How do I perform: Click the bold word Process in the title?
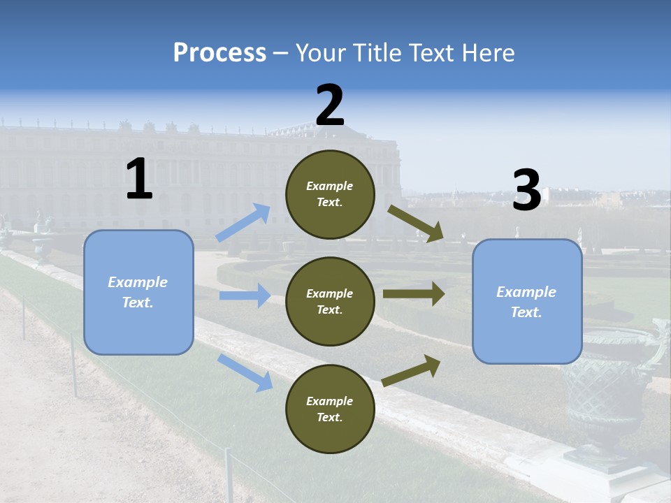pyautogui.click(x=219, y=52)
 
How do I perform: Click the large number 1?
pyautogui.click(x=139, y=179)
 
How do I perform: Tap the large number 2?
pyautogui.click(x=330, y=105)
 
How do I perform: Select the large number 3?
pyautogui.click(x=526, y=190)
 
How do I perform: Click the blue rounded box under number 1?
pyautogui.click(x=138, y=292)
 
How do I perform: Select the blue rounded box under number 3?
pyautogui.click(x=526, y=301)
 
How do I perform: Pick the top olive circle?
pyautogui.click(x=330, y=194)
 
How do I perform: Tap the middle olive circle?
pyautogui.click(x=330, y=301)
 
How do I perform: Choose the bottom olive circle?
pyautogui.click(x=330, y=409)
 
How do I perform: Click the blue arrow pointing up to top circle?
pyautogui.click(x=243, y=222)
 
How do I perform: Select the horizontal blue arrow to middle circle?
pyautogui.click(x=245, y=296)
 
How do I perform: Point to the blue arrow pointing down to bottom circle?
pyautogui.click(x=245, y=372)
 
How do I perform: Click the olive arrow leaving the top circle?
pyautogui.click(x=417, y=224)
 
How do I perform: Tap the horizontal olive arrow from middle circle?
pyautogui.click(x=414, y=293)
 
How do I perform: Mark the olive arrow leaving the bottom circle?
pyautogui.click(x=412, y=370)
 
